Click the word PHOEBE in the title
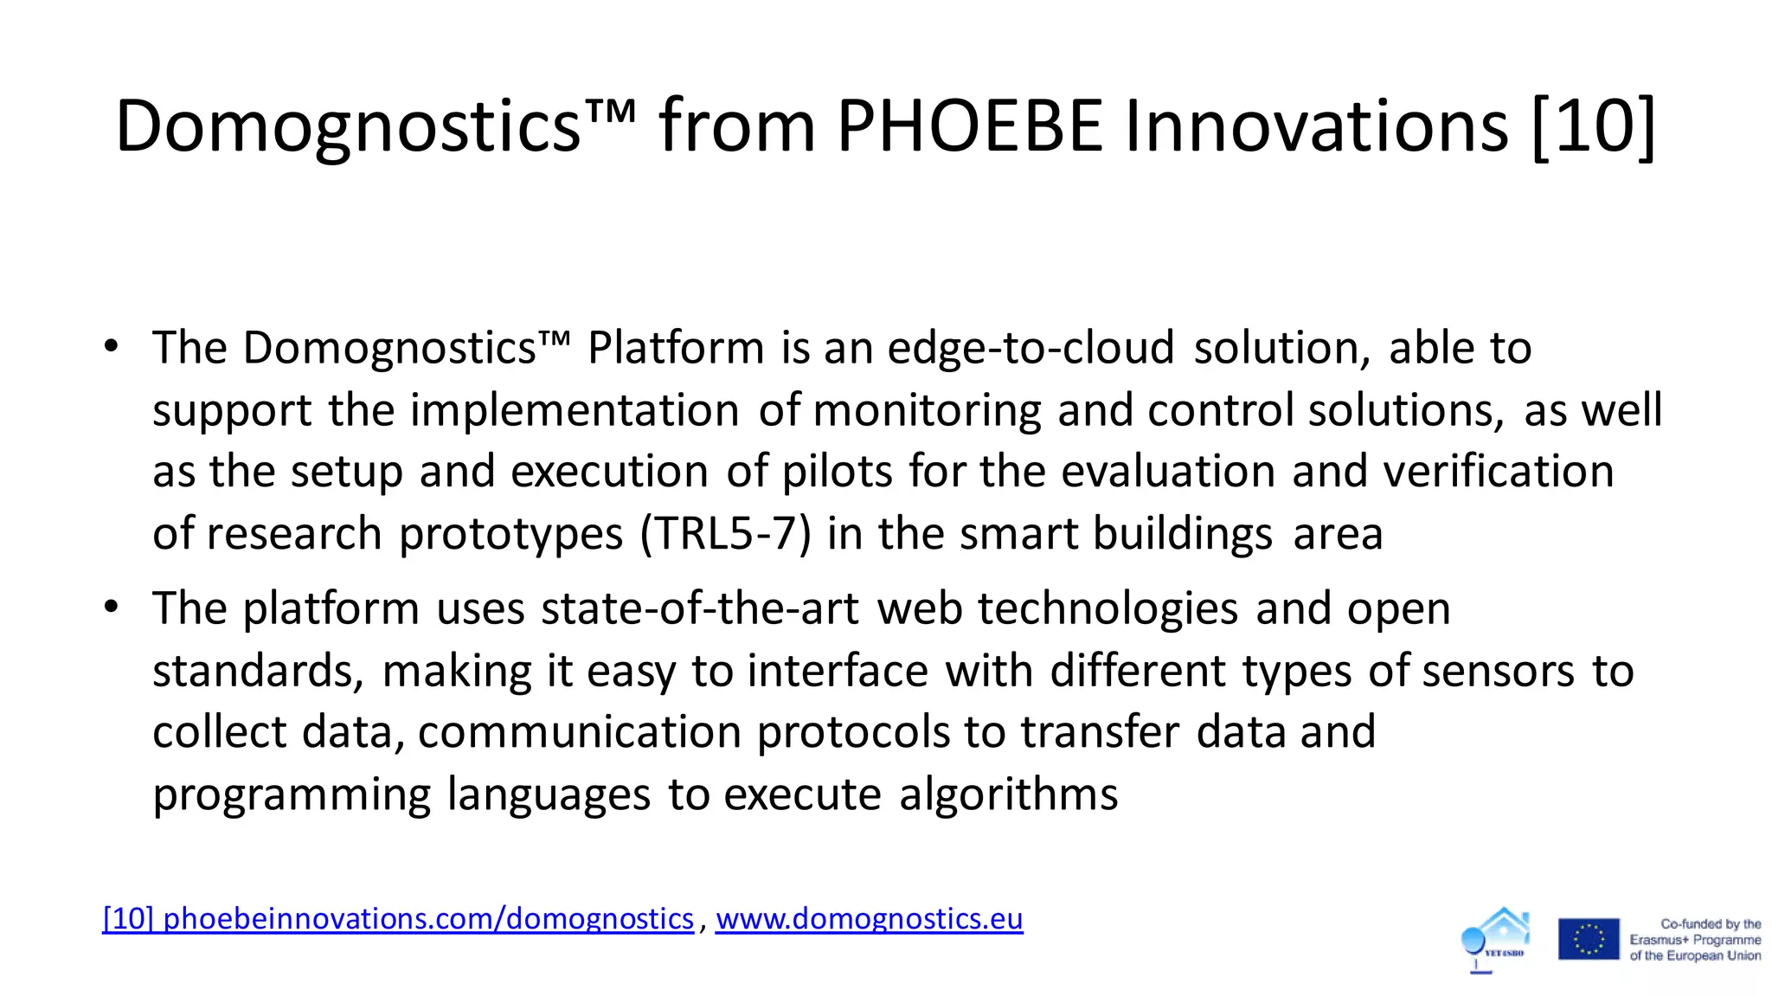969,126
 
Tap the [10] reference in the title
1593,126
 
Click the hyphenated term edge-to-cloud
1030,348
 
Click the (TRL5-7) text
725,533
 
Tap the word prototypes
510,535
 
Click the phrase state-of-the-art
699,608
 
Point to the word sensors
1498,671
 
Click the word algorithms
1008,794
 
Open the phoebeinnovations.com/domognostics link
398,918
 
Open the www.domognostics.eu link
869,918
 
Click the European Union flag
1589,939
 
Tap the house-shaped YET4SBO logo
1497,938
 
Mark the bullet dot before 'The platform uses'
111,608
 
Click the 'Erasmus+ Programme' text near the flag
1695,940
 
